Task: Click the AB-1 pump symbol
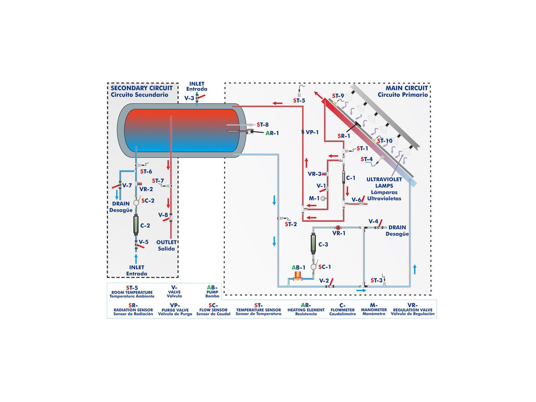click(x=297, y=276)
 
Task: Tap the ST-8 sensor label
click(x=263, y=125)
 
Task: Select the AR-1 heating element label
click(x=272, y=133)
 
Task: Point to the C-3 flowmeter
click(x=313, y=244)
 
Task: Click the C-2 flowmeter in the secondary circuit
click(x=136, y=225)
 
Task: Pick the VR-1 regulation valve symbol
click(x=338, y=228)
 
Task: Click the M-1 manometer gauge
click(x=323, y=198)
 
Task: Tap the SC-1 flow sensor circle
click(x=313, y=267)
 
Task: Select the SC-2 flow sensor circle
click(x=136, y=203)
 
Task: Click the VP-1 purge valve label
click(x=312, y=132)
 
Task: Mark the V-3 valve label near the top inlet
click(x=189, y=98)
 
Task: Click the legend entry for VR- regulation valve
click(x=412, y=309)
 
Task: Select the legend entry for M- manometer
click(x=374, y=309)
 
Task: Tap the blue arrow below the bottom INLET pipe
click(x=136, y=258)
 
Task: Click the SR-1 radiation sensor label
click(x=344, y=136)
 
